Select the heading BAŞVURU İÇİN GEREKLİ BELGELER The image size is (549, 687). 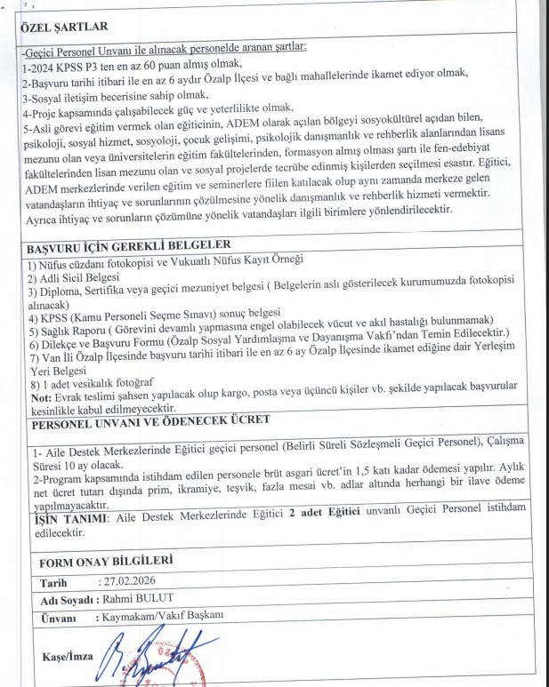128,245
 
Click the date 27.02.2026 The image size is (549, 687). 131,583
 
